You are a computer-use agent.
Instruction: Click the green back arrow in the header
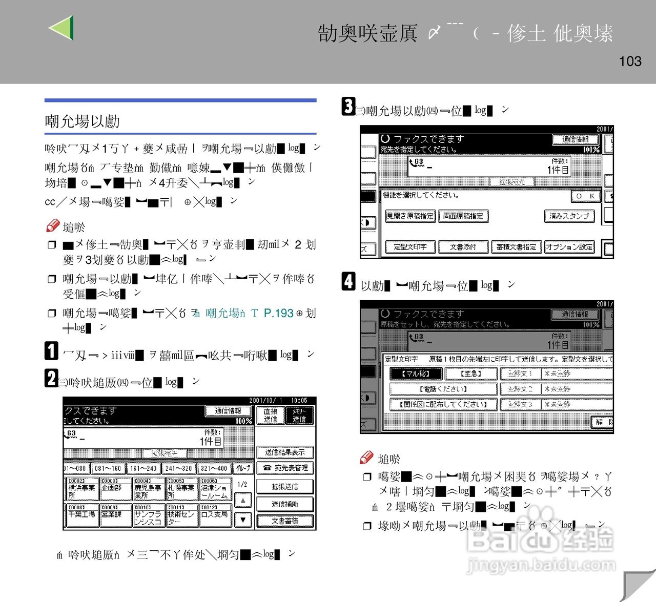(x=61, y=28)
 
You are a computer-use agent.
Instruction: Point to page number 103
(x=630, y=61)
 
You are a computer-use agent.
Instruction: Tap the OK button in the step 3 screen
(x=585, y=196)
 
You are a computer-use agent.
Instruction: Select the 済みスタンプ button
(x=569, y=216)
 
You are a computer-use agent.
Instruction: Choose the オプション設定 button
(x=569, y=247)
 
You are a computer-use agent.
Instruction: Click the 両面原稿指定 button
(x=463, y=216)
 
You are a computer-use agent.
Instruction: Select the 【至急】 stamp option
(x=470, y=373)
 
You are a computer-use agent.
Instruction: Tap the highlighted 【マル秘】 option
(x=415, y=373)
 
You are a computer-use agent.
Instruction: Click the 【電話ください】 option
(x=443, y=389)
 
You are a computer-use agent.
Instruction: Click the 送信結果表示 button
(x=285, y=452)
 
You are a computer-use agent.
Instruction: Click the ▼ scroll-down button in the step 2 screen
(x=243, y=520)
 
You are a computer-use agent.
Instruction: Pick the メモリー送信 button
(x=299, y=415)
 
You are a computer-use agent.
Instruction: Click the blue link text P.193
(x=278, y=313)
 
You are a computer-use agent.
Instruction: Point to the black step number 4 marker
(x=348, y=281)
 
